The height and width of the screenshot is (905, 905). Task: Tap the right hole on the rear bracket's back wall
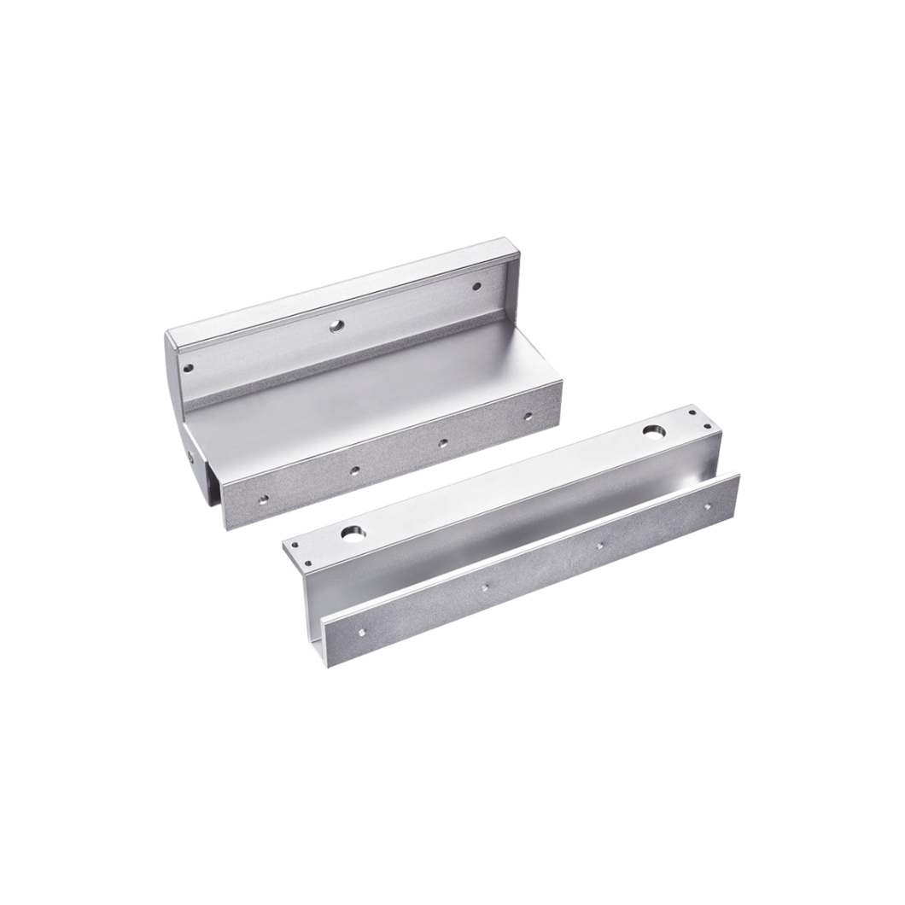click(x=476, y=286)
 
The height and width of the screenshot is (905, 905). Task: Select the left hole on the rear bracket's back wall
click(x=189, y=369)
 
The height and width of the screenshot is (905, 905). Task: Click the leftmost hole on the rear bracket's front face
click(x=263, y=497)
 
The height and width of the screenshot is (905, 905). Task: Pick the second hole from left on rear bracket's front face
click(x=354, y=470)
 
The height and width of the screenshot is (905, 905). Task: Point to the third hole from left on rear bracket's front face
click(x=442, y=442)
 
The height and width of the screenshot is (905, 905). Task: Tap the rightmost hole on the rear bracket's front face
click(x=528, y=417)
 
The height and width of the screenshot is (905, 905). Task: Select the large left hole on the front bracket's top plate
click(x=353, y=534)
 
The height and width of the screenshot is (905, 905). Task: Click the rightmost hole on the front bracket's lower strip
click(x=707, y=506)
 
